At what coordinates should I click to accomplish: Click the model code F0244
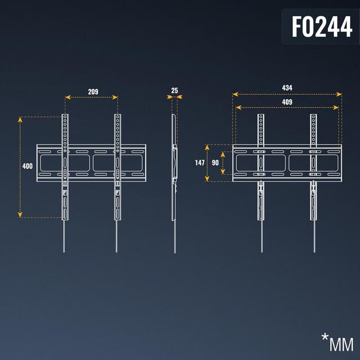[322, 26]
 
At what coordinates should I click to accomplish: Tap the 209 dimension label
[93, 91]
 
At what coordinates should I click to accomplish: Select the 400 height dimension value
[27, 166]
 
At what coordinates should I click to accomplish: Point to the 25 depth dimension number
[175, 90]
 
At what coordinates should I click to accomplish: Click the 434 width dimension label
[287, 88]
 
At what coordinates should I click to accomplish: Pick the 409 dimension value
[287, 102]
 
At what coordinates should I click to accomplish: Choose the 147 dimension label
[200, 163]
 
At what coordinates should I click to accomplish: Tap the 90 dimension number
[215, 163]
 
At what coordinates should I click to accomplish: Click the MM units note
[341, 344]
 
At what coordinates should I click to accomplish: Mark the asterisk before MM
[325, 337]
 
